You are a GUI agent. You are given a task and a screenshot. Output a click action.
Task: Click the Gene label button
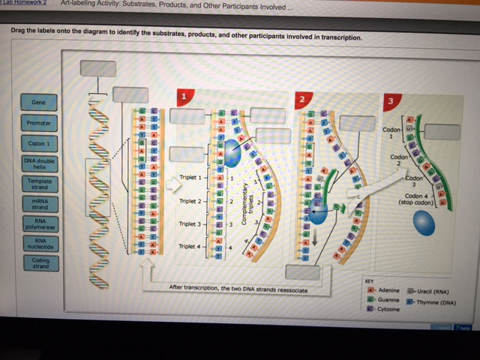point(39,103)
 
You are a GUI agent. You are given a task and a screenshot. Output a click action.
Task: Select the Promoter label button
point(39,123)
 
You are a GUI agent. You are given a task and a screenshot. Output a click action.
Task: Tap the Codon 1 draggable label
point(39,143)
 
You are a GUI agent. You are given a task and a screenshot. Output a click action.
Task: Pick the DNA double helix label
point(39,163)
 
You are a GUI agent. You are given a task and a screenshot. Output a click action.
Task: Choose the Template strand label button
point(39,184)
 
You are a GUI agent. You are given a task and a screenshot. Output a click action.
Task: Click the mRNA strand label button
point(39,204)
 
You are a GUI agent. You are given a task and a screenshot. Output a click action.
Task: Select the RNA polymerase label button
point(39,224)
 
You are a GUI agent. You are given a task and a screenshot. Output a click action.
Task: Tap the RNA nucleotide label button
point(39,244)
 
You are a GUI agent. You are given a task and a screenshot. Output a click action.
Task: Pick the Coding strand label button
point(39,264)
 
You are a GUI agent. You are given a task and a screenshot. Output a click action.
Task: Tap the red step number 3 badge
point(390,100)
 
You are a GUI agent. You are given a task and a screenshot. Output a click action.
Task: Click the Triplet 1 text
point(190,178)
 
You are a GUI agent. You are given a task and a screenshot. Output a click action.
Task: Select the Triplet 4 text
point(189,246)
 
